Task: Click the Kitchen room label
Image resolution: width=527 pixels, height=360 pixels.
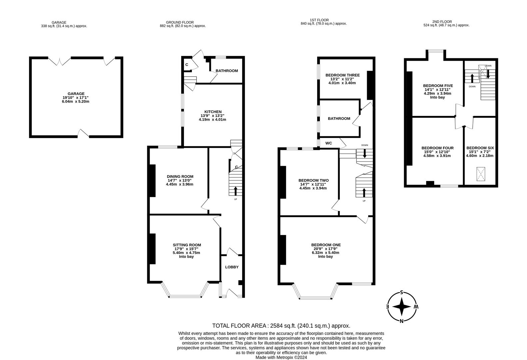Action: (x=213, y=112)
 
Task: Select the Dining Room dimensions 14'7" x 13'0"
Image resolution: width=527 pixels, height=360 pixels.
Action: (x=180, y=180)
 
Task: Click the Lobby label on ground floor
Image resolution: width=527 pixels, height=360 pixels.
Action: (x=232, y=267)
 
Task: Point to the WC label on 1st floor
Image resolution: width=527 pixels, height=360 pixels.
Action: (x=328, y=143)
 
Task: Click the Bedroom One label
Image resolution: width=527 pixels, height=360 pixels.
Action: (x=326, y=245)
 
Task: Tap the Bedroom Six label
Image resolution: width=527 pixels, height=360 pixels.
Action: (x=480, y=148)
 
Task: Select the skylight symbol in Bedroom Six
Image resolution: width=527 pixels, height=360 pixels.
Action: (x=480, y=174)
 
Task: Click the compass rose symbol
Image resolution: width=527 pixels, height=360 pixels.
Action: (x=402, y=307)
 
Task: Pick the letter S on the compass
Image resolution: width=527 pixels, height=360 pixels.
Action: (x=402, y=293)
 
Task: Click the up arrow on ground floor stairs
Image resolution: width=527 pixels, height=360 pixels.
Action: (x=236, y=191)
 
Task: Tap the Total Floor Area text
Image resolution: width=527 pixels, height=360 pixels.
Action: (x=281, y=326)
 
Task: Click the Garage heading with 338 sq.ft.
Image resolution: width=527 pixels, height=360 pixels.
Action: (x=64, y=24)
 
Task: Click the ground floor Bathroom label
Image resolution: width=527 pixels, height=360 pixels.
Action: (x=227, y=71)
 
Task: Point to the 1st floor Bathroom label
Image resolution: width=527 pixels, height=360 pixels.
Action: (x=339, y=118)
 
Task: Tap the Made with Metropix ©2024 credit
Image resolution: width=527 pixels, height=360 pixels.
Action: (x=281, y=357)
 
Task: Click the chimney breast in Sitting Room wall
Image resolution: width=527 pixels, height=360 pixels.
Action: (x=153, y=249)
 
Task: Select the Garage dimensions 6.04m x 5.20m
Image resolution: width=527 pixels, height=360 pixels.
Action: (x=76, y=101)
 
